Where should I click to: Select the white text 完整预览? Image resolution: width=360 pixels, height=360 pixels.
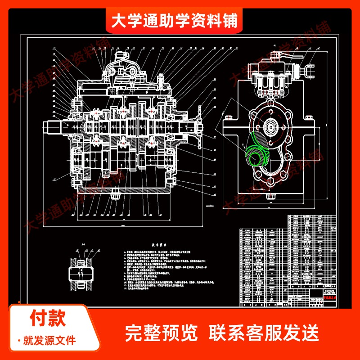coord(161,333)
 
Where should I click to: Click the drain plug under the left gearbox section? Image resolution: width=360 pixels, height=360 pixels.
coord(115,194)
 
